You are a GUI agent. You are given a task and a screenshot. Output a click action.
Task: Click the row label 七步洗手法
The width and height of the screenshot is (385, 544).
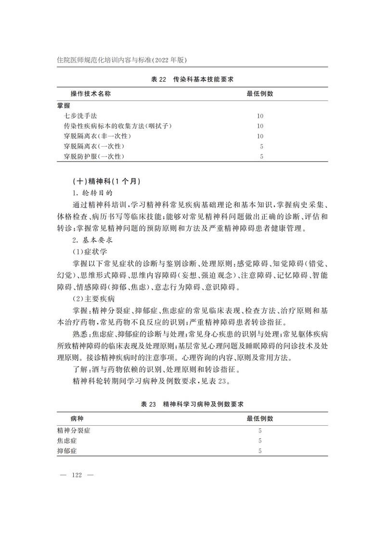coord(80,116)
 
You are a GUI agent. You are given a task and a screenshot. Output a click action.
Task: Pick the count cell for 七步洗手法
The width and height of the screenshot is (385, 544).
coord(260,116)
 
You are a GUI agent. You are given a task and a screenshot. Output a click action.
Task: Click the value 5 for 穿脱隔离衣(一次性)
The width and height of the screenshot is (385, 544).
coord(260,146)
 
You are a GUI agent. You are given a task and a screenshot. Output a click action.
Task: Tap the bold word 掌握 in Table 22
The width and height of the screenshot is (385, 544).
coord(63,105)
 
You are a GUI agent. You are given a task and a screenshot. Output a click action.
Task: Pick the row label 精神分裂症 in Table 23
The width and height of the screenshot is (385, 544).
coord(73,430)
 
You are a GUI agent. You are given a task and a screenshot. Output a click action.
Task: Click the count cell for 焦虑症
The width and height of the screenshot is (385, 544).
coord(260,441)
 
